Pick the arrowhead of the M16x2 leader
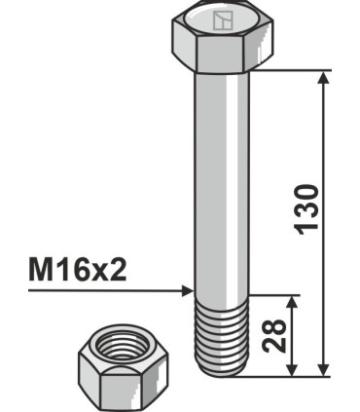pyautogui.click(x=187, y=290)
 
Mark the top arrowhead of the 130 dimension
pyautogui.click(x=323, y=77)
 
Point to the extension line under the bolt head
pyautogui.click(x=292, y=69)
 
